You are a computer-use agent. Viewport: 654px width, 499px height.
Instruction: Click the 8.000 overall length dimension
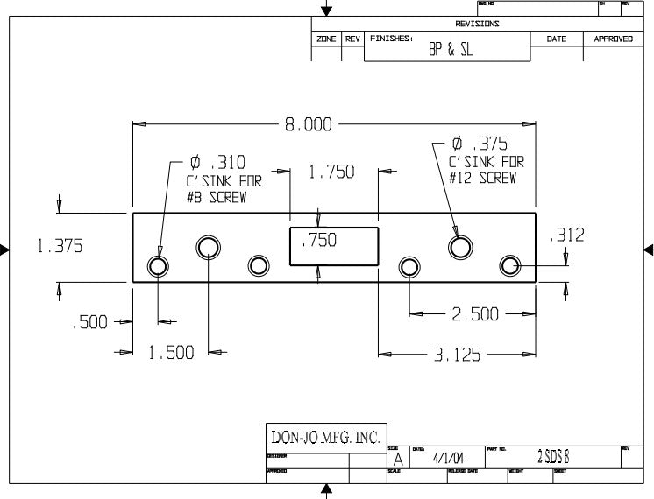(307, 125)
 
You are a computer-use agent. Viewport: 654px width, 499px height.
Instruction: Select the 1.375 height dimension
(60, 247)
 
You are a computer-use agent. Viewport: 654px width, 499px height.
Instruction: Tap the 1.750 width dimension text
(332, 172)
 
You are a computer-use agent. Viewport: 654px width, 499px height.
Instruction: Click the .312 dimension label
(566, 235)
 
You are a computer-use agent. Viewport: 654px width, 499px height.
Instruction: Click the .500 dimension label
(89, 322)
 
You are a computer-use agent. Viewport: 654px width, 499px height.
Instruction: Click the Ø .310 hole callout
(217, 163)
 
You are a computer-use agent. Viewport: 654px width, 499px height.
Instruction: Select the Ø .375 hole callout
(479, 144)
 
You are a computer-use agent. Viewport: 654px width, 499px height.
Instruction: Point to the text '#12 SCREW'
(481, 178)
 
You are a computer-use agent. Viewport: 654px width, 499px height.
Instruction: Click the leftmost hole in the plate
(158, 265)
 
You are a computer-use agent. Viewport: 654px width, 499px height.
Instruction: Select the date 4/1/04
(448, 458)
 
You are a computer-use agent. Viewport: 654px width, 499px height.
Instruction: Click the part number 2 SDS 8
(554, 457)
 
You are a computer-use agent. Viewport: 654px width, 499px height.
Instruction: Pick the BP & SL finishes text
(450, 50)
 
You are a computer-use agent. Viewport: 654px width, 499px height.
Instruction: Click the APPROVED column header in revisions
(613, 39)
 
